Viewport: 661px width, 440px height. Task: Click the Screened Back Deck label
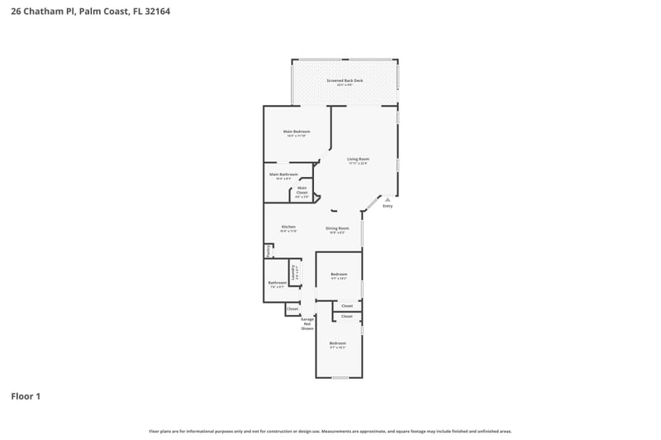(x=345, y=81)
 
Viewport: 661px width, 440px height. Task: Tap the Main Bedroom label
(x=297, y=132)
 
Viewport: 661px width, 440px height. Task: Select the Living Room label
(x=358, y=159)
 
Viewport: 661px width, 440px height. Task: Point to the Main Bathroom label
(x=283, y=175)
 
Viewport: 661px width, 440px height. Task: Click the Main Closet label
(x=302, y=188)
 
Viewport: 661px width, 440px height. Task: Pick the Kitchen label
(x=288, y=227)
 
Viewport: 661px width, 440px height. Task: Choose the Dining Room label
(x=337, y=228)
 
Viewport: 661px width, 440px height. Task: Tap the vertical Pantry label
(x=269, y=250)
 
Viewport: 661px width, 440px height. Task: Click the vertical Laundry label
(x=293, y=272)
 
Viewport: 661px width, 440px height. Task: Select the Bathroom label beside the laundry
(x=277, y=283)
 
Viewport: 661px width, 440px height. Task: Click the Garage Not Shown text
(x=307, y=323)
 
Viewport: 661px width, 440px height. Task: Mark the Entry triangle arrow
(x=388, y=198)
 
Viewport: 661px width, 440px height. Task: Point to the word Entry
(x=388, y=206)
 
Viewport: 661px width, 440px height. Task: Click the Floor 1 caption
(x=26, y=396)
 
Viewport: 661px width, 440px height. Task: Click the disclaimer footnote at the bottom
(x=330, y=431)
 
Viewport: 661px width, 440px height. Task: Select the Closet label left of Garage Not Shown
(x=292, y=309)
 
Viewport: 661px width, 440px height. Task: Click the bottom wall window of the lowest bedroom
(x=339, y=378)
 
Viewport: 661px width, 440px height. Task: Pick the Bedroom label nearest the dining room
(x=339, y=275)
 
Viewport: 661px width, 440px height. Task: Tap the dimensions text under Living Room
(x=358, y=164)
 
